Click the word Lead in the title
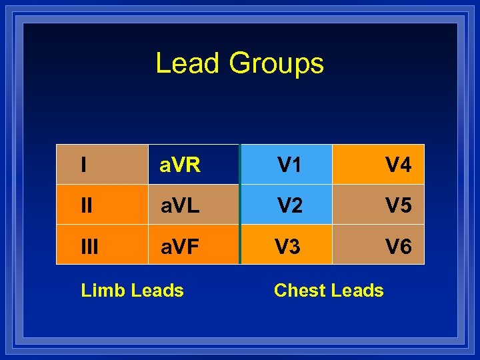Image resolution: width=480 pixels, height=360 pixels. tap(187, 63)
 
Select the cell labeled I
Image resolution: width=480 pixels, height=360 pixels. tap(102, 164)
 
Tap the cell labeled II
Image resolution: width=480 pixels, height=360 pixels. tap(102, 205)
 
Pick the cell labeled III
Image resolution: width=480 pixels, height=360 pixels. tap(102, 245)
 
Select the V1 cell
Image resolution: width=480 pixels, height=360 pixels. tap(287, 164)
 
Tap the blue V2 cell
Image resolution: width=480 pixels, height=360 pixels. tap(287, 205)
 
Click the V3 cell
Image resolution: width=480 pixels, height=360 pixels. tap(287, 245)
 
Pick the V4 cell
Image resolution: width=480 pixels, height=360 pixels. tap(379, 164)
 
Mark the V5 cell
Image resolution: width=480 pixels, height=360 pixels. tap(379, 205)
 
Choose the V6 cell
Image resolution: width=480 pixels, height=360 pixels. tap(379, 245)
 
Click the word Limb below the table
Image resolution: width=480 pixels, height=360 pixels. tap(103, 291)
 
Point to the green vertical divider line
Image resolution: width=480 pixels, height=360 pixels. tap(239, 204)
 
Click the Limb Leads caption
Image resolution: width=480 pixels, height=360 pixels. tap(132, 291)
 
